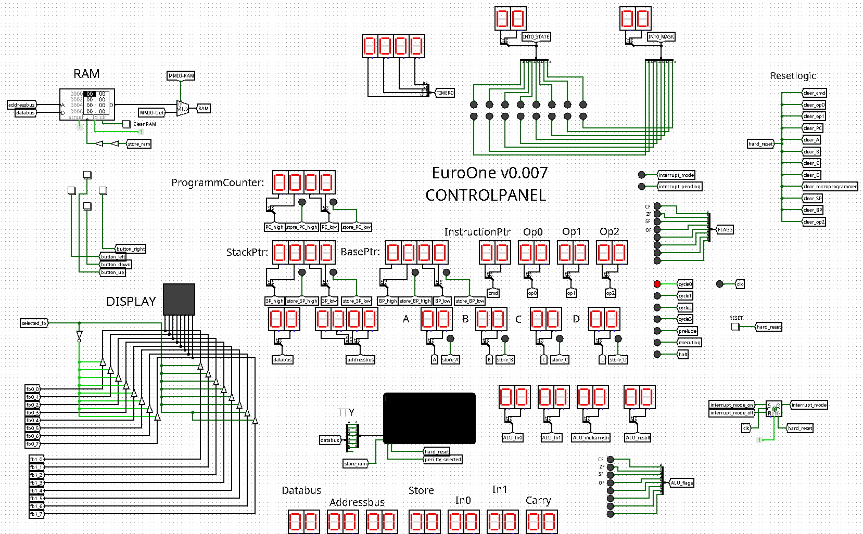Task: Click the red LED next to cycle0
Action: pos(657,284)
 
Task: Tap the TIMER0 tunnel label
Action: pos(445,93)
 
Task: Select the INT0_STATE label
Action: pos(536,37)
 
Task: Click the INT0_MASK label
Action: pos(661,37)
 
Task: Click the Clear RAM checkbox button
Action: pos(126,124)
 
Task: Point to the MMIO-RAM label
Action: pos(181,76)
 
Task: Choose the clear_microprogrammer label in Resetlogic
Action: pos(830,187)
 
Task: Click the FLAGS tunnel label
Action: pos(725,229)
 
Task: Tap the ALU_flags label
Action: pos(681,483)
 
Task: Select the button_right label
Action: pos(130,249)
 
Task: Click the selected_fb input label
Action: pos(34,323)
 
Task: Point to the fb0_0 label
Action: pos(33,389)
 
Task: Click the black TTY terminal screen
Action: pos(429,418)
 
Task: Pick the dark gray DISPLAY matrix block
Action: pos(179,299)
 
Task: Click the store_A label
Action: pos(450,360)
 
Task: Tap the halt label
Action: pos(683,355)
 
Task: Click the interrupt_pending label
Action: pos(680,187)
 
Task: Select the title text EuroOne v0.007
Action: pos(490,173)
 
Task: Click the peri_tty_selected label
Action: pos(442,460)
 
